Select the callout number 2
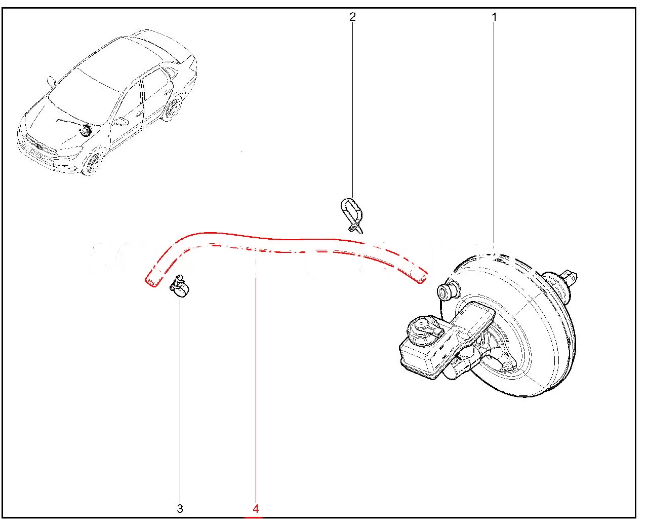pos(352,16)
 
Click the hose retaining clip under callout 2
pos(351,215)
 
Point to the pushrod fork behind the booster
pos(569,277)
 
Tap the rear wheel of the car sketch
pos(173,108)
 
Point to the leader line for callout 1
pos(494,136)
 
